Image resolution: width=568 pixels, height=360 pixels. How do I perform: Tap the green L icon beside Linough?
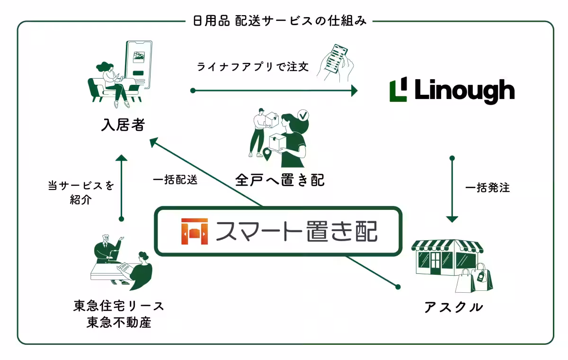pos(398,90)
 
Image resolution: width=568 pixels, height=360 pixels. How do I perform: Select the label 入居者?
pos(123,125)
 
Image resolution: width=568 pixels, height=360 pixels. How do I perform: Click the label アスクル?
pos(453,307)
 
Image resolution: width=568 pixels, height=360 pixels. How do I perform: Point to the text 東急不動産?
pos(119,323)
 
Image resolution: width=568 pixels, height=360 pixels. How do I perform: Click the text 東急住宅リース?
pos(119,306)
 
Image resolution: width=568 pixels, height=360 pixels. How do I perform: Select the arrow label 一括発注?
pos(488,188)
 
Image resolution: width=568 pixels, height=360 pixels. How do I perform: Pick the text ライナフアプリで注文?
pos(253,67)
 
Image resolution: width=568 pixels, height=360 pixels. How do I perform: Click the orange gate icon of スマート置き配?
pos(195,231)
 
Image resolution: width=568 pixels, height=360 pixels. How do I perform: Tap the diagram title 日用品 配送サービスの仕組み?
pos(280,21)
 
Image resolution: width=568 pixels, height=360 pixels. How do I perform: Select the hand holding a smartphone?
pos(336,63)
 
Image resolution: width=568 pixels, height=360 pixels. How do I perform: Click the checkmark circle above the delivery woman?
pos(302,115)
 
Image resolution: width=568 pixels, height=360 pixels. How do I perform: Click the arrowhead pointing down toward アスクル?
pos(452,219)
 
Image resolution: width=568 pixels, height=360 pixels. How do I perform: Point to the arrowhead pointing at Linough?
pos(354,90)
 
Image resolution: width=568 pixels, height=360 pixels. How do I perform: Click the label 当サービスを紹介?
pos(81,192)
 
